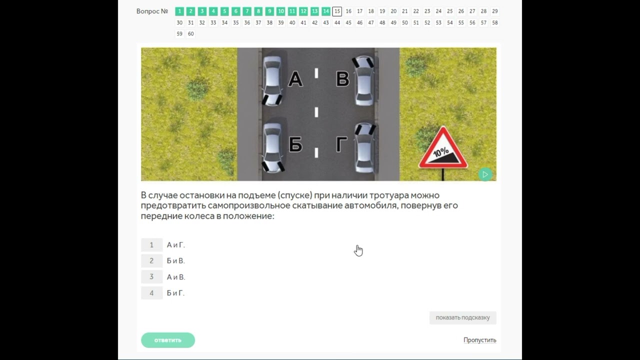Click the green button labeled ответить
click(167, 340)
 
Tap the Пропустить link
click(479, 340)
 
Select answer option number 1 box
click(151, 245)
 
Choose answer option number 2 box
click(151, 260)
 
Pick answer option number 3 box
click(151, 276)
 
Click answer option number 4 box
click(151, 293)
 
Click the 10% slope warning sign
click(443, 148)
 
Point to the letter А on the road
click(295, 79)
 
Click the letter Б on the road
click(295, 144)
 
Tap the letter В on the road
click(342, 79)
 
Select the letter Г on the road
click(341, 144)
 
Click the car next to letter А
click(272, 81)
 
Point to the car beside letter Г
click(365, 148)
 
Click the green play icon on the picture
click(485, 174)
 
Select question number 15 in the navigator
click(337, 11)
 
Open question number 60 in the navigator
click(190, 33)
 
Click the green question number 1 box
click(179, 11)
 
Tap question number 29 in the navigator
click(495, 11)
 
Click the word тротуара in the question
click(389, 195)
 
